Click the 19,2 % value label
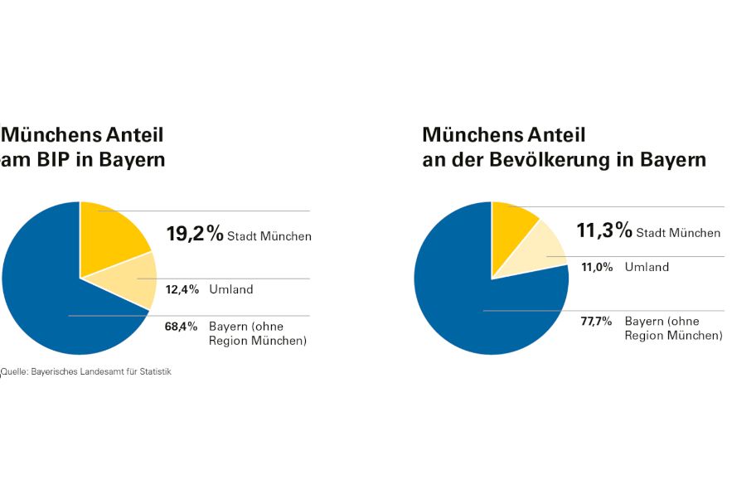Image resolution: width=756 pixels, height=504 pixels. tap(195, 234)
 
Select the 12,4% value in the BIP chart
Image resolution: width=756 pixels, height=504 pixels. tap(182, 289)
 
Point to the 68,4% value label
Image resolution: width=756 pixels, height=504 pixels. tap(181, 327)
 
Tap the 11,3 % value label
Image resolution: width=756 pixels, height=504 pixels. tap(604, 230)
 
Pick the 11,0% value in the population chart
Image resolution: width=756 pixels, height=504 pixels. tap(596, 267)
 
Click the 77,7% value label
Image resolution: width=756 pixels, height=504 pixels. tap(597, 321)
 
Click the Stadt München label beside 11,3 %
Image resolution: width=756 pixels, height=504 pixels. tap(678, 233)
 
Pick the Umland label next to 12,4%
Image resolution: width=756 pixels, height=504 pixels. tap(231, 289)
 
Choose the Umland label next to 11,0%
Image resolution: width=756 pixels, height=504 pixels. tap(647, 267)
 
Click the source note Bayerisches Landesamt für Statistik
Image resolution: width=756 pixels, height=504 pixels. tap(87, 372)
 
